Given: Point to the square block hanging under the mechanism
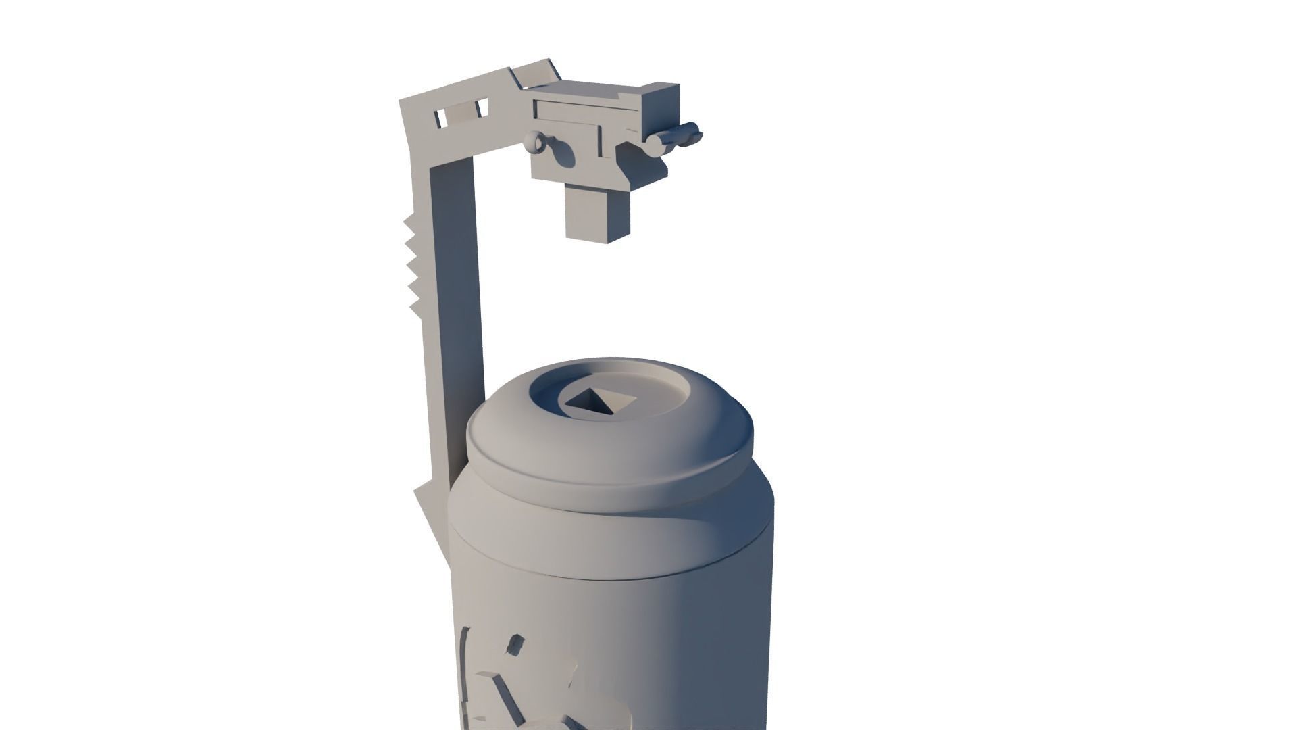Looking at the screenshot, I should [x=597, y=215].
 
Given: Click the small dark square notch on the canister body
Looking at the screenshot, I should [x=515, y=644].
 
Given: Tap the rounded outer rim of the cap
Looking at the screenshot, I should [x=608, y=473].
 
